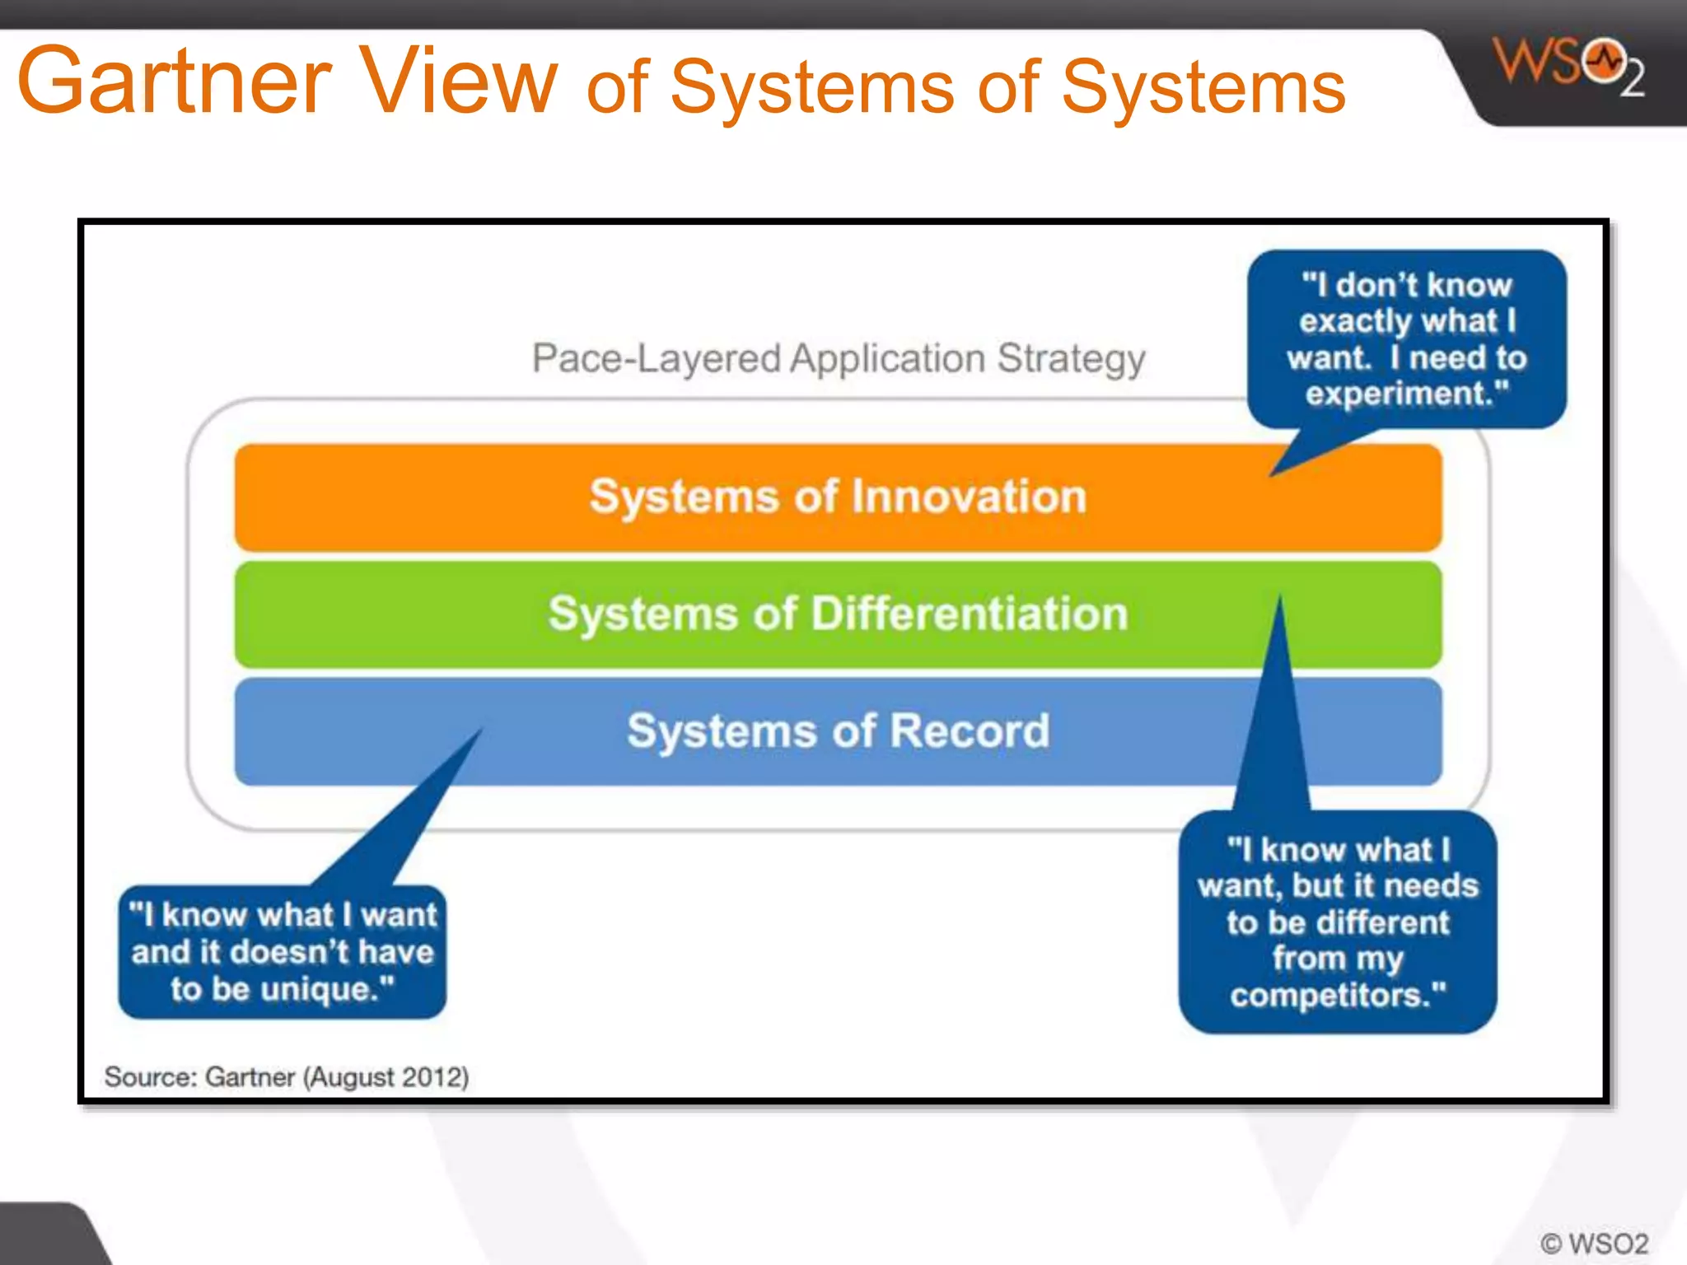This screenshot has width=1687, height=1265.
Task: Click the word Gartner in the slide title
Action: click(174, 81)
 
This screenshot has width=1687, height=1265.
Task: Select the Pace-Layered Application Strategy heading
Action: click(838, 358)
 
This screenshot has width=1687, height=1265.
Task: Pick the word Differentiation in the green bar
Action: click(970, 614)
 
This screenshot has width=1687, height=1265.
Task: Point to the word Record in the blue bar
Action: click(969, 731)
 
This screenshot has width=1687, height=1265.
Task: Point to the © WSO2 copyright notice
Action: click(1594, 1243)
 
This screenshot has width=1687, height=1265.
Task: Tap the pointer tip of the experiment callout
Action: click(1272, 475)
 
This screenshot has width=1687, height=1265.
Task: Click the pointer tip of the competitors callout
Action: click(1280, 598)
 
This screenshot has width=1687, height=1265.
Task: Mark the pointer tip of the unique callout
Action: click(481, 729)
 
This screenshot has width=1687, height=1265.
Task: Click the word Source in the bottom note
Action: click(149, 1077)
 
